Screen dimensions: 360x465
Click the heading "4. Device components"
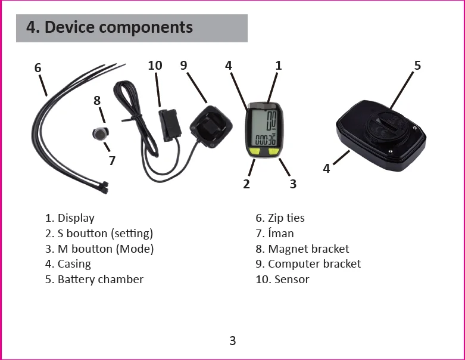click(x=110, y=27)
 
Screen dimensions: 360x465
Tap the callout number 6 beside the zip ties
click(x=38, y=68)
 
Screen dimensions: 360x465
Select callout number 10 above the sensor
click(x=155, y=66)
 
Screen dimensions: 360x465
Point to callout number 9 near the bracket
click(x=183, y=66)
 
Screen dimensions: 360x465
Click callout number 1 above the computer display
click(x=278, y=66)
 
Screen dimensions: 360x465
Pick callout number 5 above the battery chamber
click(x=417, y=66)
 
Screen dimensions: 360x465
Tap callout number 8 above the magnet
click(x=97, y=101)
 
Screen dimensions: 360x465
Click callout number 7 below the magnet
click(x=112, y=160)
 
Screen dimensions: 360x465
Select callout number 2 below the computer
click(x=246, y=184)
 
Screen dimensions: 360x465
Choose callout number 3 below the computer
click(x=293, y=184)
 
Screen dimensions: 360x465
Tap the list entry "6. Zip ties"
click(x=280, y=218)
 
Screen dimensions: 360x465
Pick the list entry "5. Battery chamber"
click(x=94, y=279)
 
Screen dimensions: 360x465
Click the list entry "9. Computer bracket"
click(x=308, y=263)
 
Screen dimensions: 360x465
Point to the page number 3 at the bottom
click(x=233, y=341)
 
